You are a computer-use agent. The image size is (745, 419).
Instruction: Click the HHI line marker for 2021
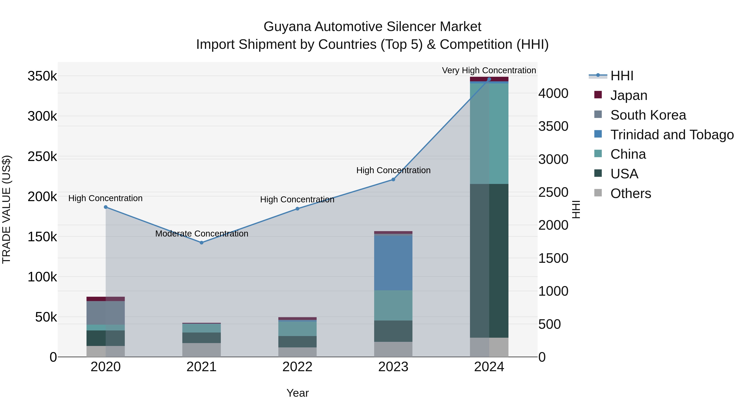coord(202,243)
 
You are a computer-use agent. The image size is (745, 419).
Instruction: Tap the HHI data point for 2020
coord(106,207)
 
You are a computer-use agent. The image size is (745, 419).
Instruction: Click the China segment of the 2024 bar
coord(489,134)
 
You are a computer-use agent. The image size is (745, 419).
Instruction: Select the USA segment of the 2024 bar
coord(489,260)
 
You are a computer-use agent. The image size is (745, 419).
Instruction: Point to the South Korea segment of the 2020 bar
coord(106,313)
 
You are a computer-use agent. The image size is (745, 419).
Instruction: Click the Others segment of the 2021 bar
coord(202,350)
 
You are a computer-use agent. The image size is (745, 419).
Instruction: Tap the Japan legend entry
coord(628,95)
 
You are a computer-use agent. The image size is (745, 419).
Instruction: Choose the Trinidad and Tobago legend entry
coord(672,135)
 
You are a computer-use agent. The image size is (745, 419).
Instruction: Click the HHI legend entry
coord(622,76)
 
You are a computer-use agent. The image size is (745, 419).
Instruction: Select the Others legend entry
coord(631,193)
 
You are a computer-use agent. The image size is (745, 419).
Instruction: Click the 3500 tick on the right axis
coord(553,126)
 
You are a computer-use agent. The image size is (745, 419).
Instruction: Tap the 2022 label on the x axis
coord(297,367)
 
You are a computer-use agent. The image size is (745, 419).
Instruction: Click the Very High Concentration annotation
coord(489,70)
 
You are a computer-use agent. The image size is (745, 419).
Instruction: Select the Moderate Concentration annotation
coord(202,233)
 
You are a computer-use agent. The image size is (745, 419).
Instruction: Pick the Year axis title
coord(297,393)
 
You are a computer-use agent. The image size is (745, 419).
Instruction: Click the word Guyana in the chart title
coord(287,27)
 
